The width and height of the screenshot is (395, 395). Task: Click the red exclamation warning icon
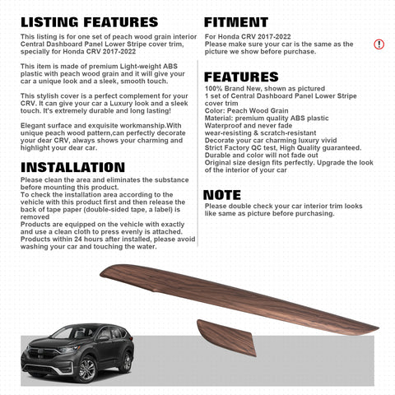pyautogui.click(x=379, y=44)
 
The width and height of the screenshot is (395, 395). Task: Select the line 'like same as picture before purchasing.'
pyautogui.click(x=268, y=213)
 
